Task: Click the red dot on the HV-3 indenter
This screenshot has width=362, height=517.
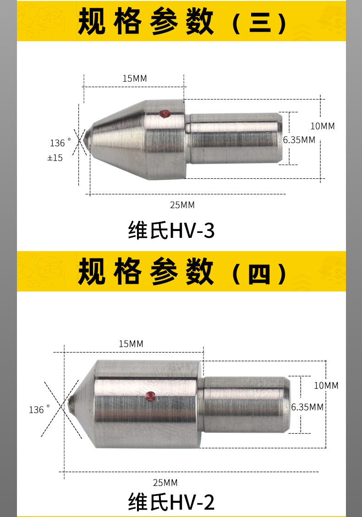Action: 164,113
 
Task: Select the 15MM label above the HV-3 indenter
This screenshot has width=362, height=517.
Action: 135,78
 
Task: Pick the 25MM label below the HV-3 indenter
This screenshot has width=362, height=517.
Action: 182,205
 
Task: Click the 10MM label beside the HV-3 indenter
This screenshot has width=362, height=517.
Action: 323,126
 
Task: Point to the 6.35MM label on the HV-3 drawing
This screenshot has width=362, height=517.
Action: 299,140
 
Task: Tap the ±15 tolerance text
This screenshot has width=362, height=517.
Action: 55,158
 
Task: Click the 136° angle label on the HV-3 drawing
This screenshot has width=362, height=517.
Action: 60,143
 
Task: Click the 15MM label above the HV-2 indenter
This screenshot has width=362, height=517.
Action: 131,344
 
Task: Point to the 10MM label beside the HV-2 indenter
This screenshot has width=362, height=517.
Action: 326,385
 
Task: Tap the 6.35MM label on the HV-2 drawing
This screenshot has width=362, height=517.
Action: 307,407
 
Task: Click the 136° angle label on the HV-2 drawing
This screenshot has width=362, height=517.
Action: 39,410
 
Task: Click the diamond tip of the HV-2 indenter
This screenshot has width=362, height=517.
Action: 70,401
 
